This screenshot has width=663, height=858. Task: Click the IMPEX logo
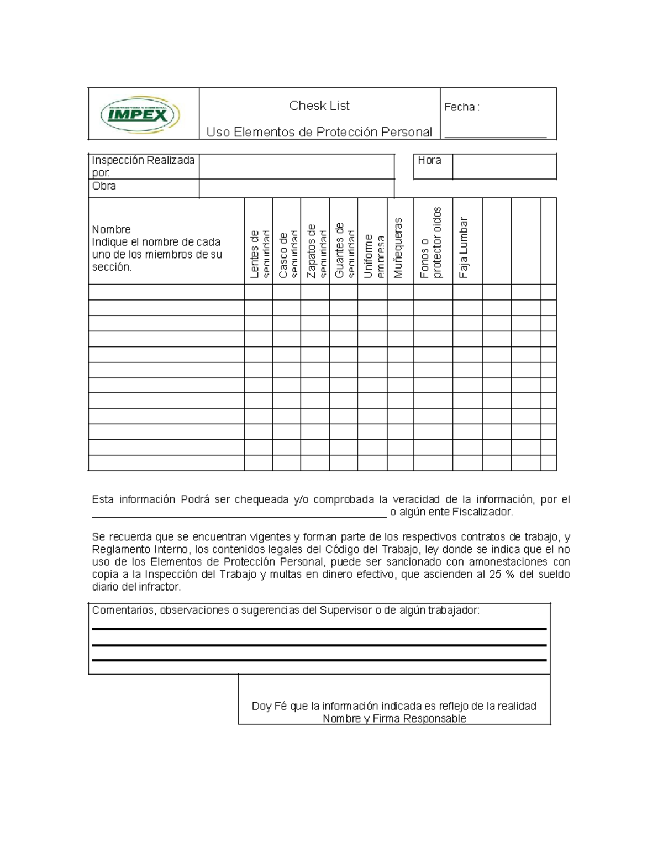(x=140, y=115)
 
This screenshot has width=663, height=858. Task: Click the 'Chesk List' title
(x=319, y=106)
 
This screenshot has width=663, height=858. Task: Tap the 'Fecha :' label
(x=461, y=107)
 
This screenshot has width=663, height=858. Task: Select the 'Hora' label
(x=429, y=160)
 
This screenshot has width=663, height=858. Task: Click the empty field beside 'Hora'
(x=504, y=167)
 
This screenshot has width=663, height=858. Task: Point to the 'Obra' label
(x=104, y=186)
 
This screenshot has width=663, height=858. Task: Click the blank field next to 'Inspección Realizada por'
(x=297, y=166)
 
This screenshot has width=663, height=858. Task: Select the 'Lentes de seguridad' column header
(x=259, y=254)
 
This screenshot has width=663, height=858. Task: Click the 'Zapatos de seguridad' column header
(x=315, y=251)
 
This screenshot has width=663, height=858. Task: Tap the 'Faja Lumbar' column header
(x=464, y=248)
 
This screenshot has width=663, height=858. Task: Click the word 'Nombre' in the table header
(x=111, y=229)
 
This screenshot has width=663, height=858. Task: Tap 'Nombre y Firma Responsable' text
(x=394, y=719)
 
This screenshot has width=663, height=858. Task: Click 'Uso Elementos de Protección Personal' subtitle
(x=319, y=132)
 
